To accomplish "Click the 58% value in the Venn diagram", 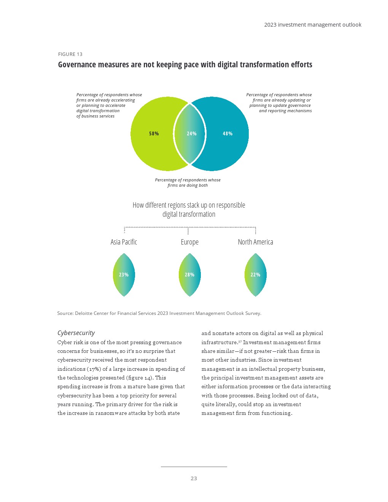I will coord(154,133).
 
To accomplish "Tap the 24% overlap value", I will coord(191,133).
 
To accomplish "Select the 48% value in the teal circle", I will coord(227,133).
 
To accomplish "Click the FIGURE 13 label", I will coord(70,54).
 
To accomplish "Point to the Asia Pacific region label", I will coord(124,242).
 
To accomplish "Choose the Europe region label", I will coord(189,242).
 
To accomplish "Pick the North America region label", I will coord(255,242).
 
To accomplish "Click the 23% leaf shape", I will coord(124,275).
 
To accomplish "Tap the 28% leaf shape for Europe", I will coord(189,275).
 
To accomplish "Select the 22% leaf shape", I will coord(255,275).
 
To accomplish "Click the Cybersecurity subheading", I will coord(76,333).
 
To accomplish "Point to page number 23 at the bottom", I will coord(194,478).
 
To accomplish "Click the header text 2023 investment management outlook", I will coord(313,25).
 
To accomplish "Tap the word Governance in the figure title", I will coord(77,65).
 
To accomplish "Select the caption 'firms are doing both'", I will coord(188,186).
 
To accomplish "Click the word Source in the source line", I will coord(65,313).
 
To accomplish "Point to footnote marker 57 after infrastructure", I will coord(240,342).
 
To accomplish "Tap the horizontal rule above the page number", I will coord(194,467).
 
